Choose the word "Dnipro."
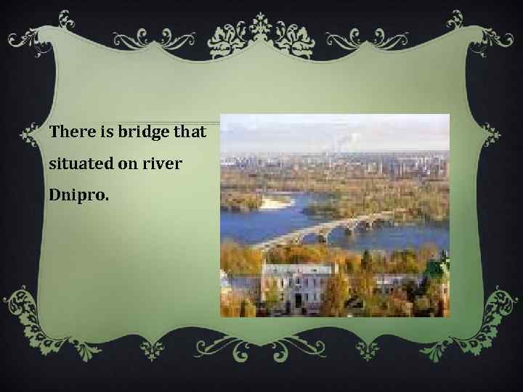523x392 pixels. click(78, 197)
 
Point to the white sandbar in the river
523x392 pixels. click(273, 203)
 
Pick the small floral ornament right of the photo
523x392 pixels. click(492, 134)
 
